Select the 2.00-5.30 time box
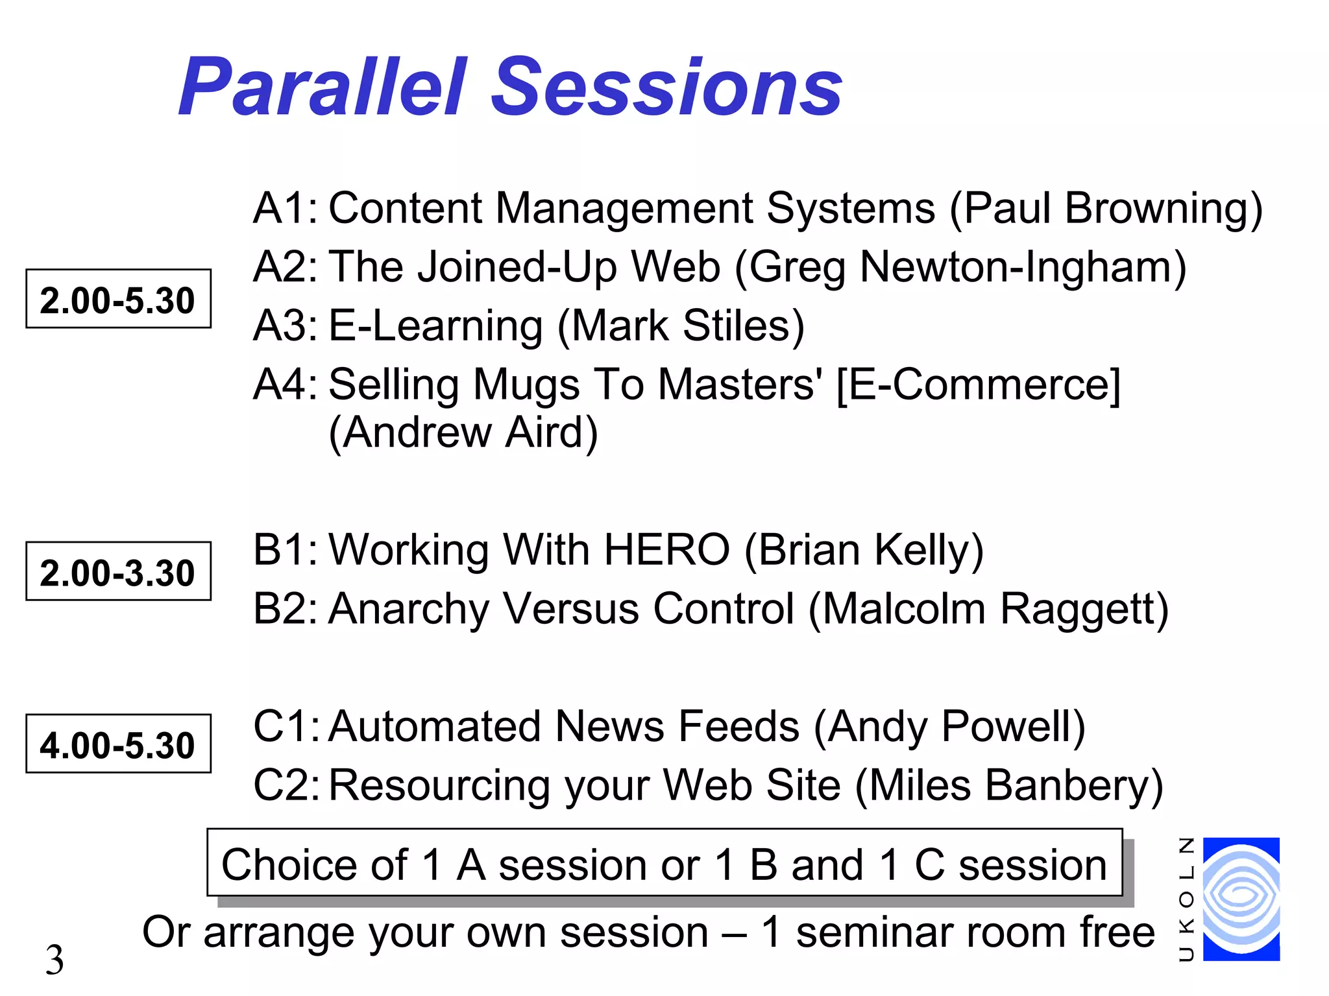pos(118,299)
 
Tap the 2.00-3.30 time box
pos(118,571)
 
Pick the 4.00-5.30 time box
pos(118,744)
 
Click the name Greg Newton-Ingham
pos(960,267)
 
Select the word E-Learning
pos(435,326)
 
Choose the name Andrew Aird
pos(463,433)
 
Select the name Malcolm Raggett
pos(988,609)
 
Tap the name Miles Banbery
pos(1009,785)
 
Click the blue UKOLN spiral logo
pos(1241,899)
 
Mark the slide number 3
pos(55,959)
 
